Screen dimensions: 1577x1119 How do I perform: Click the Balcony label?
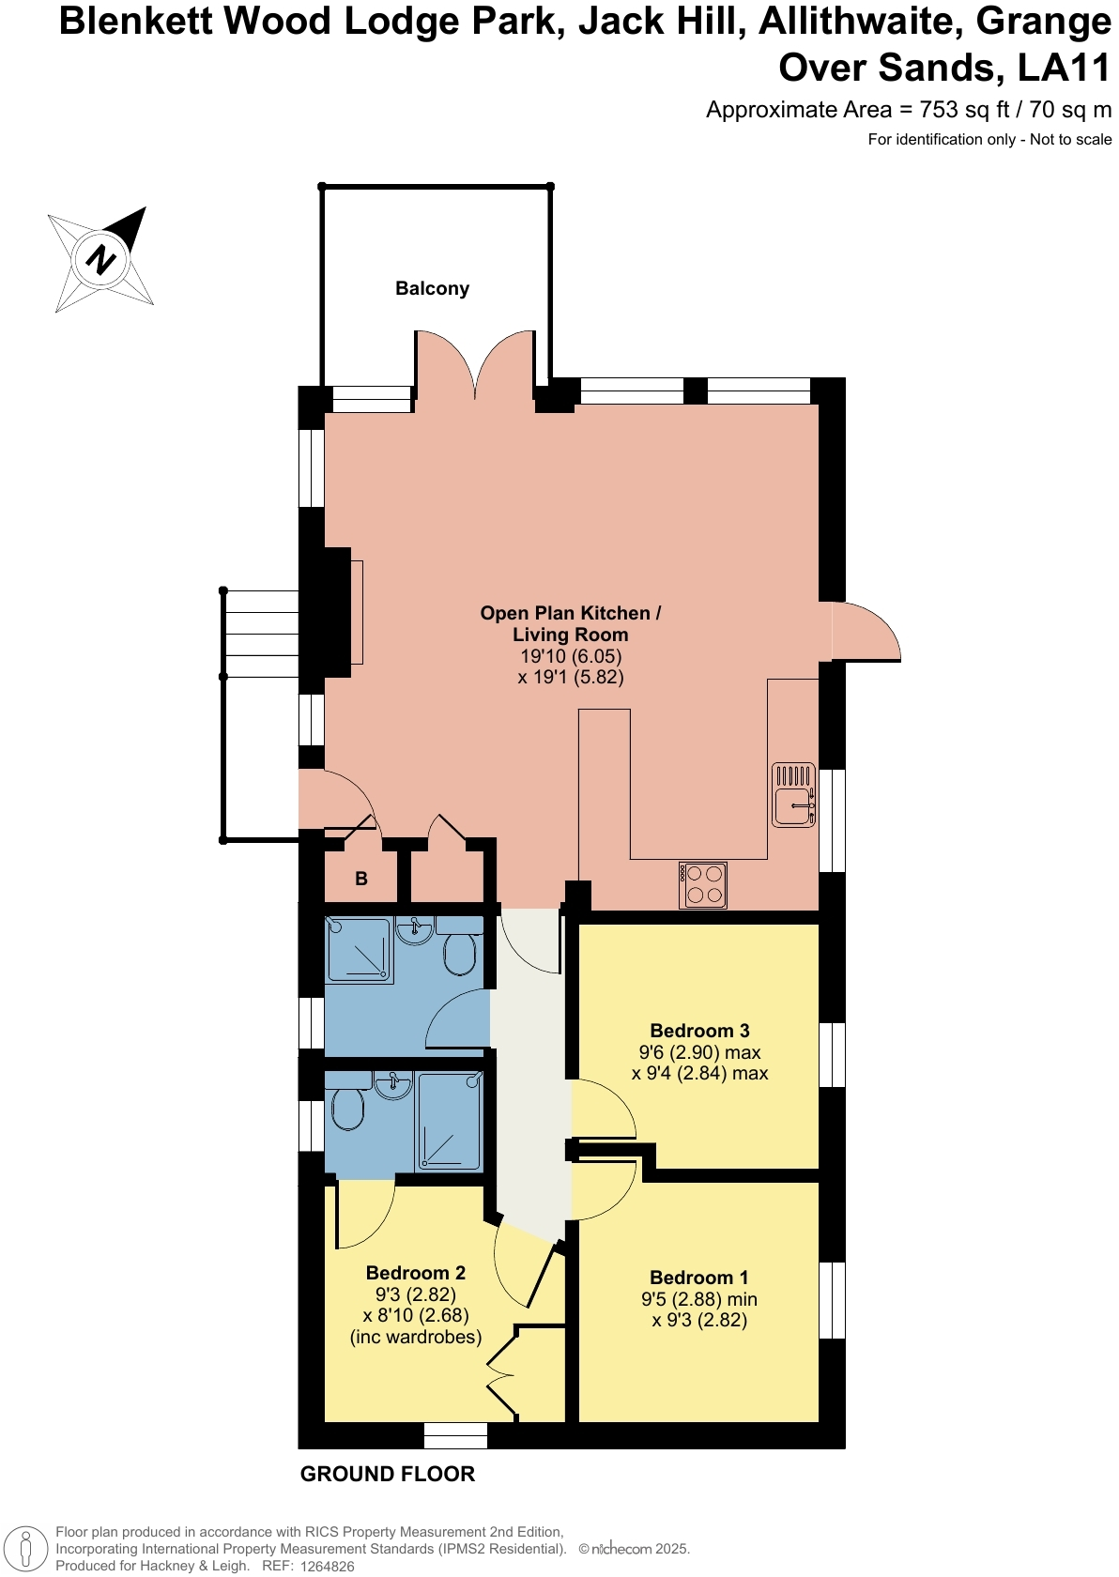point(432,288)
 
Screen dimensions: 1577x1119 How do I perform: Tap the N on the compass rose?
point(100,259)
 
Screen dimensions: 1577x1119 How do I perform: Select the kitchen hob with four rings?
point(703,884)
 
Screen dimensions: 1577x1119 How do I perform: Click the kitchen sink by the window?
point(793,795)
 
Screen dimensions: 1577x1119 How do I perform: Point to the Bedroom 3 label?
point(699,1031)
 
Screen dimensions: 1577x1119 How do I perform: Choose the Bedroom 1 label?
point(698,1278)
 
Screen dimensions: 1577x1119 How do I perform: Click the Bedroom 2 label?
point(415,1273)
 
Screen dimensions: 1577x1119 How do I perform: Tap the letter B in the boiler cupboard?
point(361,880)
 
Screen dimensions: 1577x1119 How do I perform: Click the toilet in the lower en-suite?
point(348,1110)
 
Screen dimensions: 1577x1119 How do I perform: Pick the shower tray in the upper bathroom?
point(359,950)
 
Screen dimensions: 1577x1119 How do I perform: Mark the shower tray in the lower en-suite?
point(449,1122)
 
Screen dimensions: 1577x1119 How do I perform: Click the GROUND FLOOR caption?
point(387,1474)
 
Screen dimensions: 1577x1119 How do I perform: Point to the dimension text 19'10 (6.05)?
point(571,656)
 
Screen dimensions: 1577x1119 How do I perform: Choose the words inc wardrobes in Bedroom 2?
point(416,1337)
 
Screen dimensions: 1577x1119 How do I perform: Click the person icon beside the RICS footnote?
point(27,1549)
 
